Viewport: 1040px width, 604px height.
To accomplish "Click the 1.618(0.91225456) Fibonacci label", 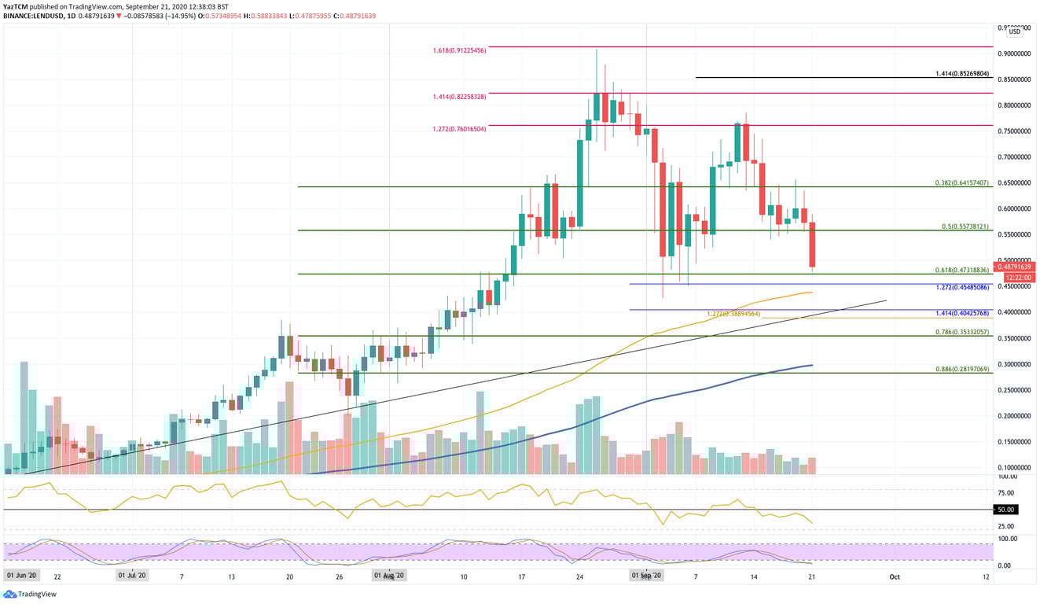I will tap(459, 50).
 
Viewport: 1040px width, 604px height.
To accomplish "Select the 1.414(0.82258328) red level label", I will tap(459, 96).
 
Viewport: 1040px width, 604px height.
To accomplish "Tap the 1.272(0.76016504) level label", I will tap(459, 128).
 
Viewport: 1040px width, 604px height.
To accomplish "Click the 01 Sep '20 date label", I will tap(648, 576).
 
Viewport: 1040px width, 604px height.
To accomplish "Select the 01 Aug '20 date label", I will tap(388, 576).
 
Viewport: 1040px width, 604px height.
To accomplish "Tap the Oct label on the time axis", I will tap(894, 576).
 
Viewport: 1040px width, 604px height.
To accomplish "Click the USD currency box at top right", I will tap(1015, 31).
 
